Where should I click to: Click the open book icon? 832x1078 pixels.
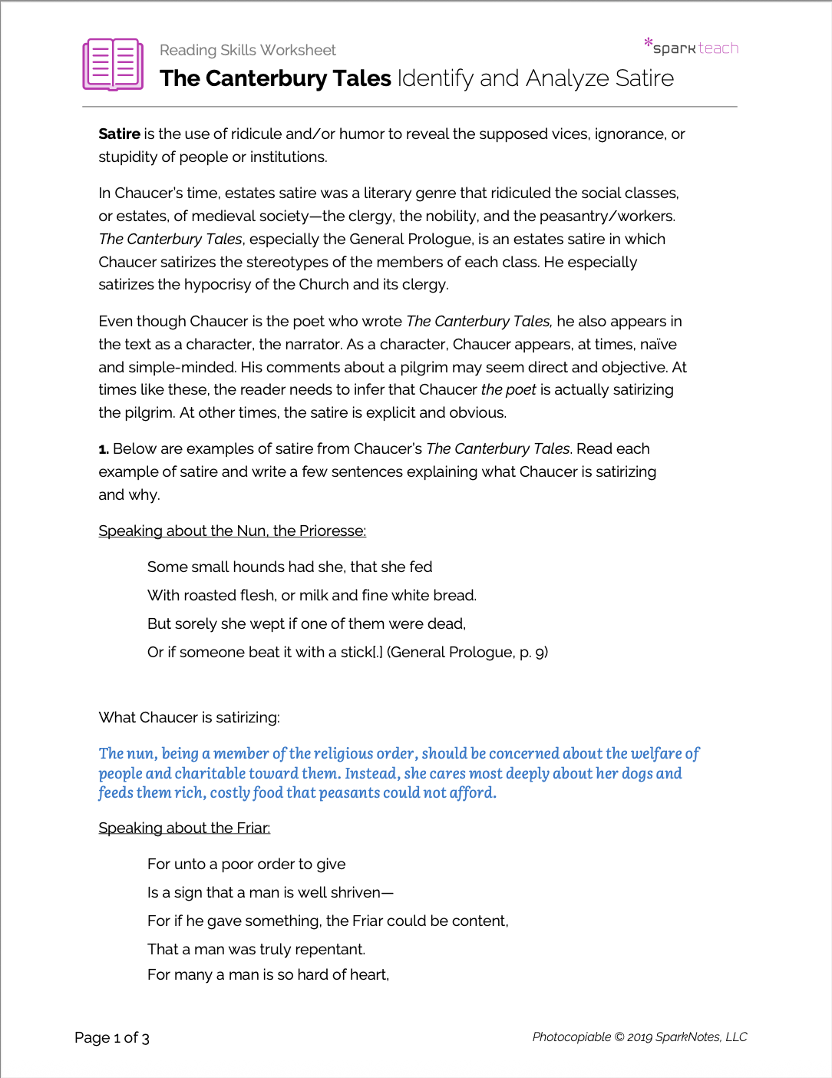(113, 64)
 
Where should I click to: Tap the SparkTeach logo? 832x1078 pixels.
(692, 47)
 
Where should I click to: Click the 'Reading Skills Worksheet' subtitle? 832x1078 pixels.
(247, 50)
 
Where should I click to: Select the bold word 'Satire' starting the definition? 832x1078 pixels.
(119, 134)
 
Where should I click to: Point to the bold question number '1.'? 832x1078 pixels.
(104, 449)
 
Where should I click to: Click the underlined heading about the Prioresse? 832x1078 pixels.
(232, 531)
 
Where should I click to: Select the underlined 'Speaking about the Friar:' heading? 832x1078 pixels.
(184, 828)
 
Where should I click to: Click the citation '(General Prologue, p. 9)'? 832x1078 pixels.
(467, 652)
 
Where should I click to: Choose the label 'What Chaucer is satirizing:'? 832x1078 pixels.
(189, 717)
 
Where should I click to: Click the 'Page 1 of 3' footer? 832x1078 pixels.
(112, 1037)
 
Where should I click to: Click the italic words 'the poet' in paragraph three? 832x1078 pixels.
(508, 389)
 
